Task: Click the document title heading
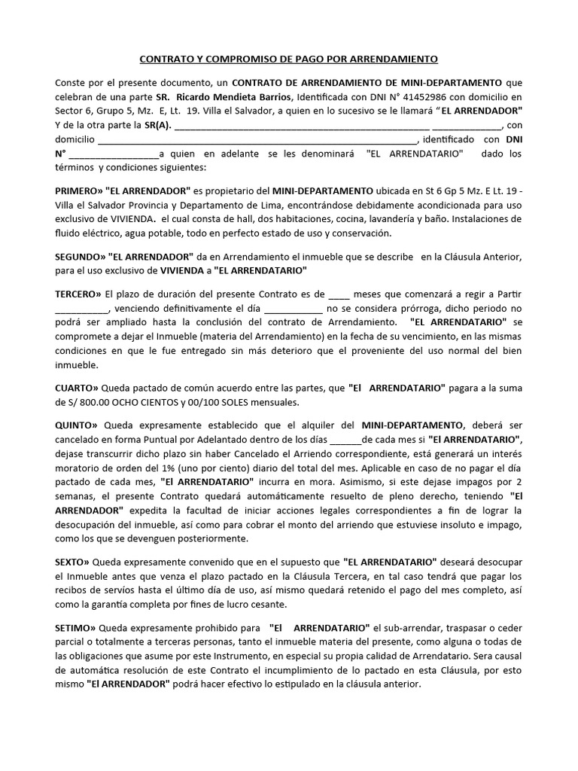click(288, 58)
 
